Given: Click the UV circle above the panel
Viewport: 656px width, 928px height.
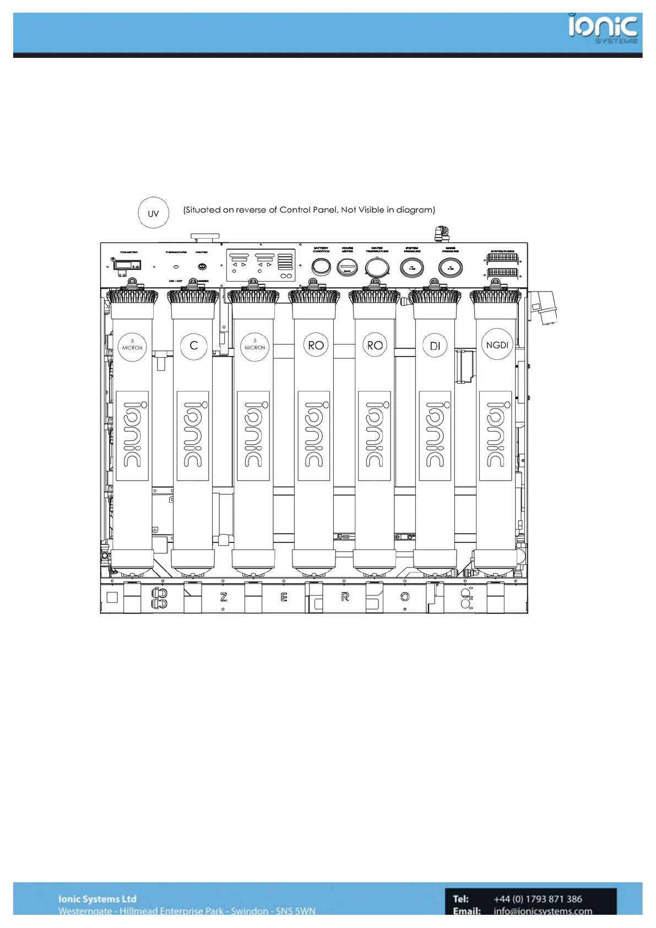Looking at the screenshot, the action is [x=153, y=213].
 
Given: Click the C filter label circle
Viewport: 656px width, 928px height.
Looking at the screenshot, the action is [x=194, y=346].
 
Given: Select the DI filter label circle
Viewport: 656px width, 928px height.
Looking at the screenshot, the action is [x=435, y=346].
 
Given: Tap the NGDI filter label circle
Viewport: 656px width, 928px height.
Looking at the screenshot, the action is [x=497, y=345].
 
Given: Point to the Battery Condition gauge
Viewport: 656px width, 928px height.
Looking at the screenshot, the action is [x=321, y=267].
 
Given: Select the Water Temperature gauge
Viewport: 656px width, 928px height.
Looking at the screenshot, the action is [x=377, y=268].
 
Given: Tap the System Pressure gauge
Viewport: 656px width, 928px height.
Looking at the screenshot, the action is [x=412, y=268].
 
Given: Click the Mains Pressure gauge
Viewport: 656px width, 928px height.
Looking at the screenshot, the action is [x=450, y=268].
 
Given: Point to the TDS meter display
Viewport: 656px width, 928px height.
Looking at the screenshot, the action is [x=127, y=265].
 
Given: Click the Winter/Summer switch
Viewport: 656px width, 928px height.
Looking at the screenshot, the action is [x=202, y=267].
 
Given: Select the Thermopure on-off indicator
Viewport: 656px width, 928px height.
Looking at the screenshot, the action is [x=176, y=267].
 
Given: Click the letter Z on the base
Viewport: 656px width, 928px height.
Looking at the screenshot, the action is [x=224, y=597].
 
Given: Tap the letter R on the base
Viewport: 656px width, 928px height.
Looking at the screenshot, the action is [x=345, y=597].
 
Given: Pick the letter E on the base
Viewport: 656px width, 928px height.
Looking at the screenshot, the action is [x=284, y=597].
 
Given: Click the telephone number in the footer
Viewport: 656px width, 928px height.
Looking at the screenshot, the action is [x=538, y=899].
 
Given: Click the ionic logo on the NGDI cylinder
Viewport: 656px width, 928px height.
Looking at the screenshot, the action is [x=496, y=435].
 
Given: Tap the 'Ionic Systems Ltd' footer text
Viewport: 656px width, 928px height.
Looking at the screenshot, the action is [x=97, y=899].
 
